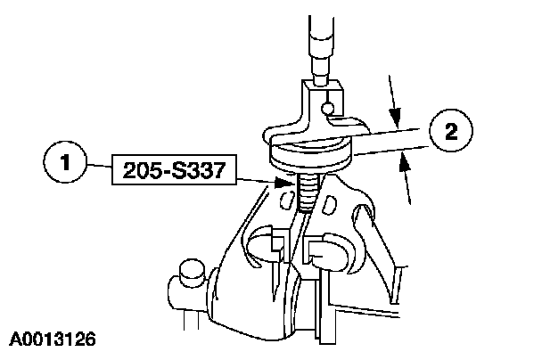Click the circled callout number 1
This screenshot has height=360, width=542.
click(63, 166)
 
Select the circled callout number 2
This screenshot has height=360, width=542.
click(449, 135)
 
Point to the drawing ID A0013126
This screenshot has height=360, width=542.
click(54, 340)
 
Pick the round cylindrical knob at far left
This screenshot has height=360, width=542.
click(188, 273)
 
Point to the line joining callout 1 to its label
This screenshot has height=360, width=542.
click(99, 166)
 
